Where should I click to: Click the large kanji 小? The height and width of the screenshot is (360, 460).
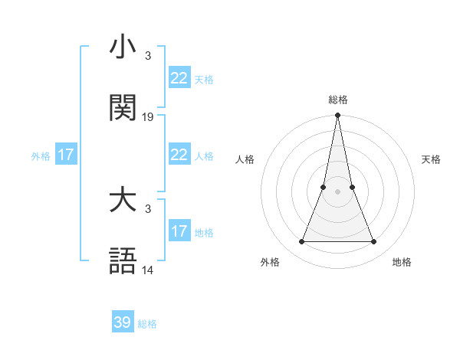click(123, 47)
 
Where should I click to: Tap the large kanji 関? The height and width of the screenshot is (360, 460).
click(123, 109)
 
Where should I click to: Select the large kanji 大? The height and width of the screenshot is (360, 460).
click(123, 201)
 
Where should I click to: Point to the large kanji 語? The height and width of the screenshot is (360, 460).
click(123, 262)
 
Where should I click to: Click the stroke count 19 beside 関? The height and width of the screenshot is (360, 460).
click(148, 117)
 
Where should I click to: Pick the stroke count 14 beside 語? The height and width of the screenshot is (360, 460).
click(148, 270)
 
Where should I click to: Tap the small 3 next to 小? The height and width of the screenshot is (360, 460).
click(147, 56)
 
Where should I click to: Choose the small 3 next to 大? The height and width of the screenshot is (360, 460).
click(147, 209)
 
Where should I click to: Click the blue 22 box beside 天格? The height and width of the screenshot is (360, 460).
click(179, 78)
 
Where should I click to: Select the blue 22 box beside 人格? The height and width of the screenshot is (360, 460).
click(179, 155)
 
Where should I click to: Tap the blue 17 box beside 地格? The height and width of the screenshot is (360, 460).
click(179, 231)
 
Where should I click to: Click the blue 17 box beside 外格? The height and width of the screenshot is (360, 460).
click(66, 155)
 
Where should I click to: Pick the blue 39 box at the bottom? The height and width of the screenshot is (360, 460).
click(123, 322)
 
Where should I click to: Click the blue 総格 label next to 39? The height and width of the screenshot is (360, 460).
click(147, 324)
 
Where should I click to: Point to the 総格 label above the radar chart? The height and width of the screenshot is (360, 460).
click(337, 100)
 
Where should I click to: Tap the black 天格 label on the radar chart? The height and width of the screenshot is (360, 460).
click(432, 159)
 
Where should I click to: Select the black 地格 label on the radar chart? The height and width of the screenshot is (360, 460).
click(402, 263)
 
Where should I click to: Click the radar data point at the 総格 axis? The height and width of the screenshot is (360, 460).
click(337, 116)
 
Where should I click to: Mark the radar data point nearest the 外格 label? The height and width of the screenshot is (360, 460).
click(301, 242)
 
